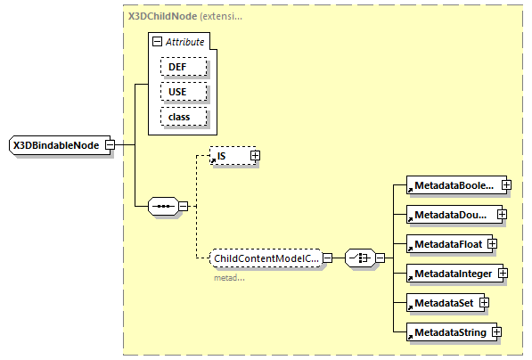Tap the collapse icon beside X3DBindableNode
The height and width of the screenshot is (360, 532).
point(109,144)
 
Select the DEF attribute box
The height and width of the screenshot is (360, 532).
point(184,67)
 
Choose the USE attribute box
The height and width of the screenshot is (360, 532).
point(184,92)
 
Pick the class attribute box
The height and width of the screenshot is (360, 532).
point(184,117)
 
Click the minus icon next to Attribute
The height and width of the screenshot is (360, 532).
point(158,42)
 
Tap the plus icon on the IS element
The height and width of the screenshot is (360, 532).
point(255,156)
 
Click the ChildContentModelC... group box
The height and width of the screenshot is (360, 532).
point(265,258)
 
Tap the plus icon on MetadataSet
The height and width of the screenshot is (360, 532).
point(485,303)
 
